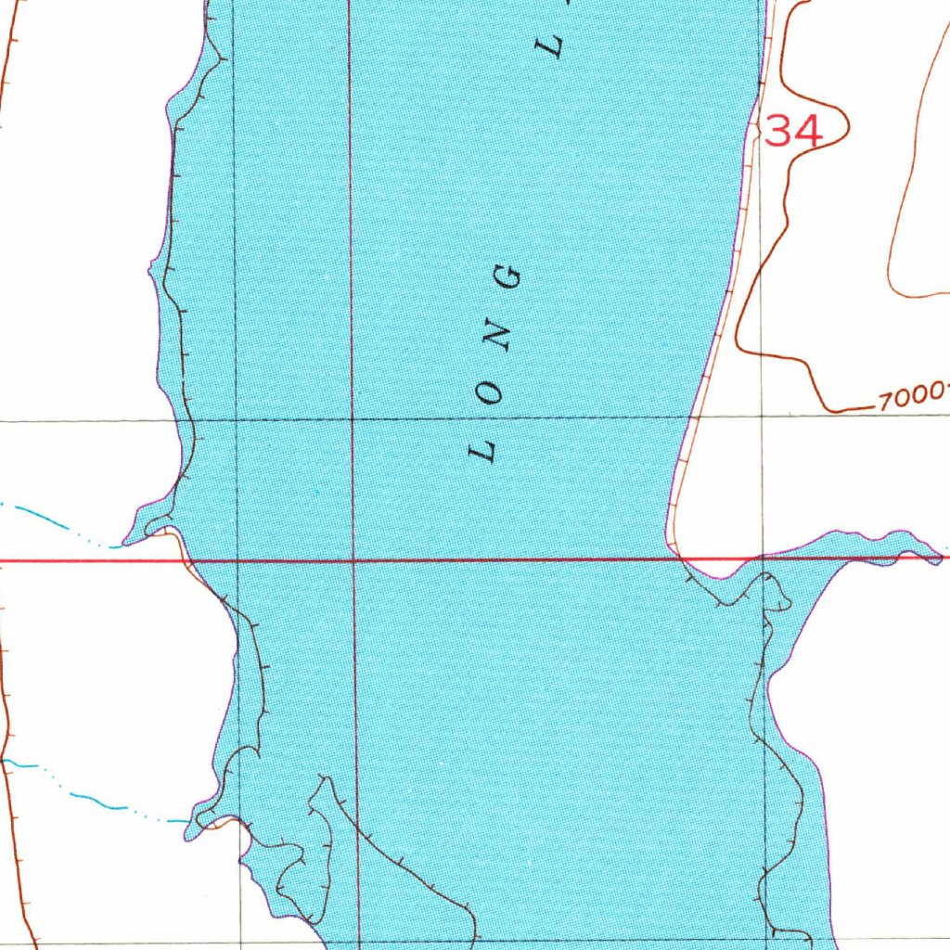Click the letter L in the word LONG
pos(483,452)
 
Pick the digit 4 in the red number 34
pos(809,131)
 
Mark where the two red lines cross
pos(354,560)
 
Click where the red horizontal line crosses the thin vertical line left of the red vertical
pos(238,560)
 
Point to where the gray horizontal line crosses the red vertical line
pos(353,419)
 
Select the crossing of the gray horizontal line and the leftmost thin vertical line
pos(237,419)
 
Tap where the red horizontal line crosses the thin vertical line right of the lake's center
pos(763,559)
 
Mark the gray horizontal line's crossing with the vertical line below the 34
pos(762,418)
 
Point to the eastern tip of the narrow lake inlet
pos(942,558)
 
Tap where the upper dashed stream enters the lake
pos(125,542)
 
